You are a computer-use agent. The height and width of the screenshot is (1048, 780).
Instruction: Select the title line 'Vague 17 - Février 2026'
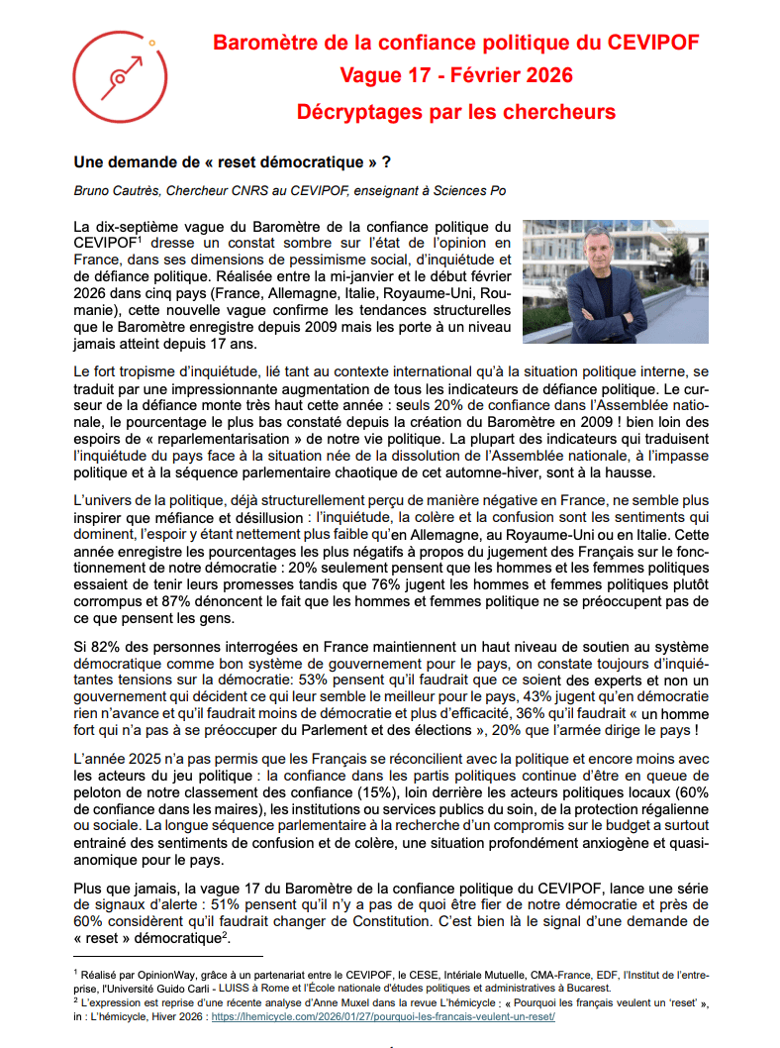click(x=455, y=76)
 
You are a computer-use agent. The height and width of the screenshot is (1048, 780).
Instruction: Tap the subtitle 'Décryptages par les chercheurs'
click(x=455, y=111)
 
